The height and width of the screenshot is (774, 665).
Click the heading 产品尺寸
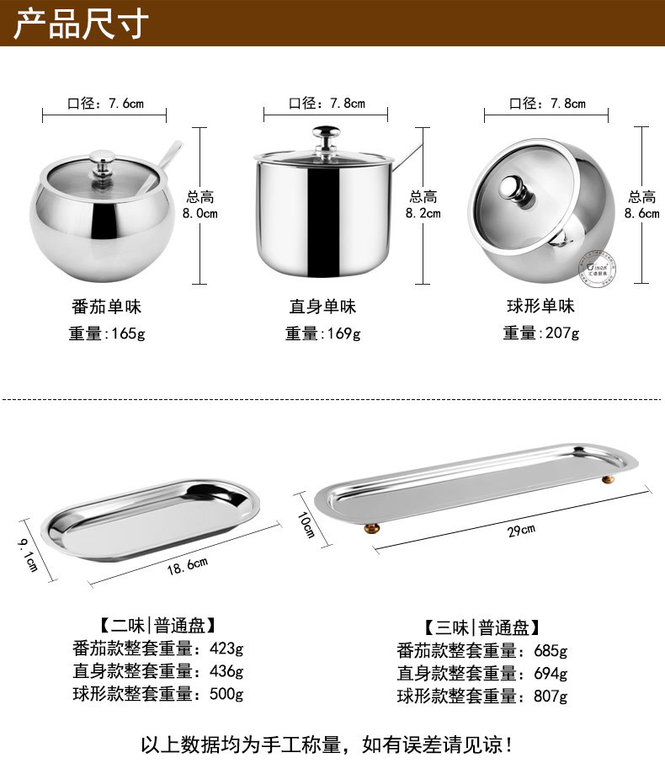point(82,23)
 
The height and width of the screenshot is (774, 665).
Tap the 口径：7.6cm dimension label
point(105,104)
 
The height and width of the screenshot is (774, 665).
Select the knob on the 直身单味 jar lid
point(324,135)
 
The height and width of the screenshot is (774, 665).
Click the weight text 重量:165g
point(107,333)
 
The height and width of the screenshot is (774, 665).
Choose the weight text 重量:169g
point(323,333)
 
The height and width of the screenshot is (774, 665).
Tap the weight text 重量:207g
point(541,333)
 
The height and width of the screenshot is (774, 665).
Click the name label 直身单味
point(323,306)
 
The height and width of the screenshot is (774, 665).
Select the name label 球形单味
point(541,306)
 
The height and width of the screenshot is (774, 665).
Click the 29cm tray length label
point(522,530)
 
